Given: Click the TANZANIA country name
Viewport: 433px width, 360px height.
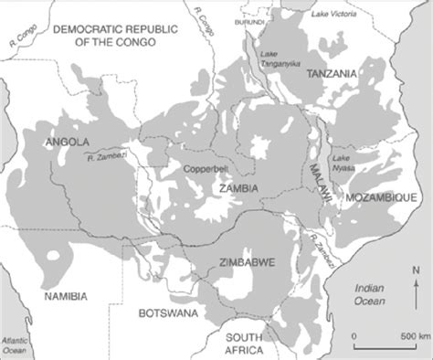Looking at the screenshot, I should pos(332,73).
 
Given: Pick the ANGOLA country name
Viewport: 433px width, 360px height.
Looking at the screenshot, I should pos(67,142).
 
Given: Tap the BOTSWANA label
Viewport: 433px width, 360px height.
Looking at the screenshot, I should pos(167,313).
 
